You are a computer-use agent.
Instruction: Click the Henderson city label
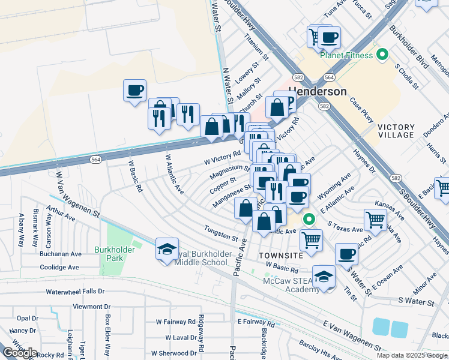pos(318,92)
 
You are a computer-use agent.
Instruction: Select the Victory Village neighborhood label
pos(396,131)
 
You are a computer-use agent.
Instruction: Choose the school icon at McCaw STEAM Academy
pos(324,276)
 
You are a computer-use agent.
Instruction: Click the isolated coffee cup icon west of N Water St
pos(134,91)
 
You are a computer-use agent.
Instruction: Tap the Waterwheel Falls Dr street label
pos(76,292)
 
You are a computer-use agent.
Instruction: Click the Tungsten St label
pos(221,230)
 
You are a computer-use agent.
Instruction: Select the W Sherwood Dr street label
pos(173,353)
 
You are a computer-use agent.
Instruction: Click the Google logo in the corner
pos(20,353)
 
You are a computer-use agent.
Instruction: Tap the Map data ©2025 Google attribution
pos(412,355)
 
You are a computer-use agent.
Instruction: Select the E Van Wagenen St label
pos(352,336)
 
